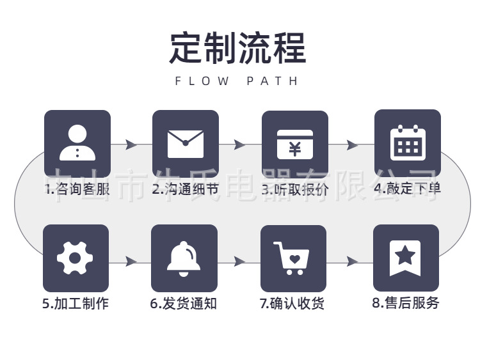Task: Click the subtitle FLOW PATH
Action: (x=237, y=81)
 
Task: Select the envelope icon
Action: (x=185, y=143)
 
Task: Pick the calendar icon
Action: (x=407, y=143)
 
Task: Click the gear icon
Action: (x=76, y=258)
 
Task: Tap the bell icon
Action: (x=184, y=258)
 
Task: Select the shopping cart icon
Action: (x=292, y=258)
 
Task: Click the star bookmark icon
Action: (x=405, y=258)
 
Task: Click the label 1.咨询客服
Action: (x=77, y=189)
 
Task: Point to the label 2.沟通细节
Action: (x=185, y=189)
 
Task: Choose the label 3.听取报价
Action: (x=294, y=189)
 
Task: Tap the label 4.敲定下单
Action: (x=407, y=188)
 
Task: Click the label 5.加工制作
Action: (x=76, y=303)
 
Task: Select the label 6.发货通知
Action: (x=184, y=303)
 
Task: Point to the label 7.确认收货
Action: (x=292, y=303)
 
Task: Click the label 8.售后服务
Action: (x=406, y=302)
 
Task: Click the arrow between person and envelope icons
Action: (x=131, y=145)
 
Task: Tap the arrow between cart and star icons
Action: (x=351, y=262)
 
